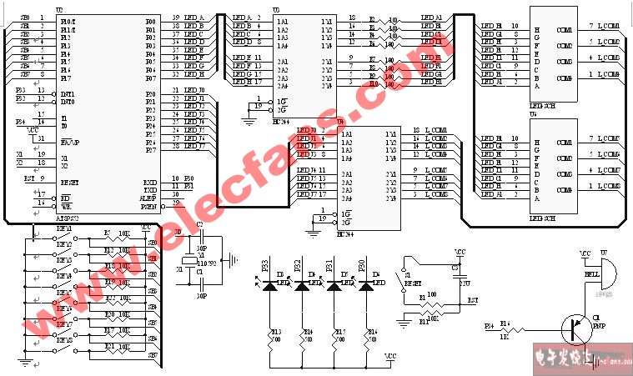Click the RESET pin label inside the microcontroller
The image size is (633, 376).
[69, 182]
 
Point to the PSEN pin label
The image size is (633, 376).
[148, 205]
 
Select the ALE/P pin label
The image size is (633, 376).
[148, 197]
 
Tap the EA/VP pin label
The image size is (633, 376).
[69, 143]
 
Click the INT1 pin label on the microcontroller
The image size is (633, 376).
[68, 94]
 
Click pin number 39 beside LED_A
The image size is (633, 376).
[175, 18]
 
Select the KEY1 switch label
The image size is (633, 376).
[63, 228]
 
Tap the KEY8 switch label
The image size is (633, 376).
[63, 340]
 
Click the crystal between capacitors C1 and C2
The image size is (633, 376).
[198, 258]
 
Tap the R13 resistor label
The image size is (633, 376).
[275, 333]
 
